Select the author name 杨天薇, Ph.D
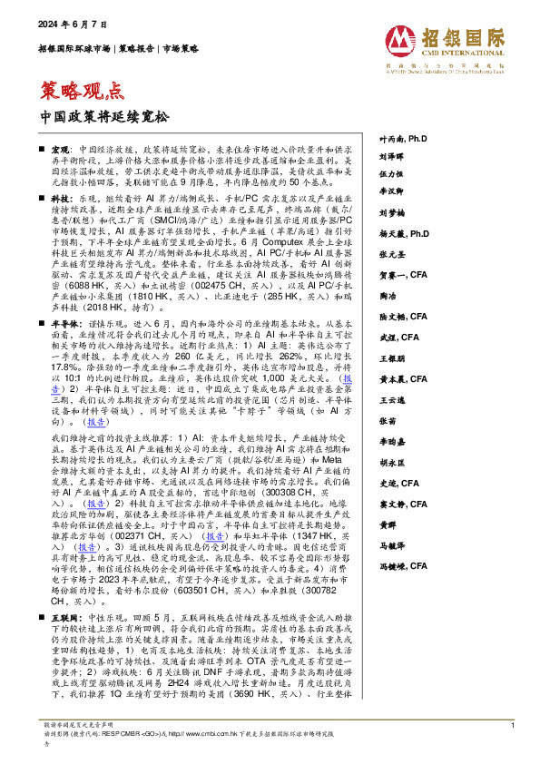click(404, 259)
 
